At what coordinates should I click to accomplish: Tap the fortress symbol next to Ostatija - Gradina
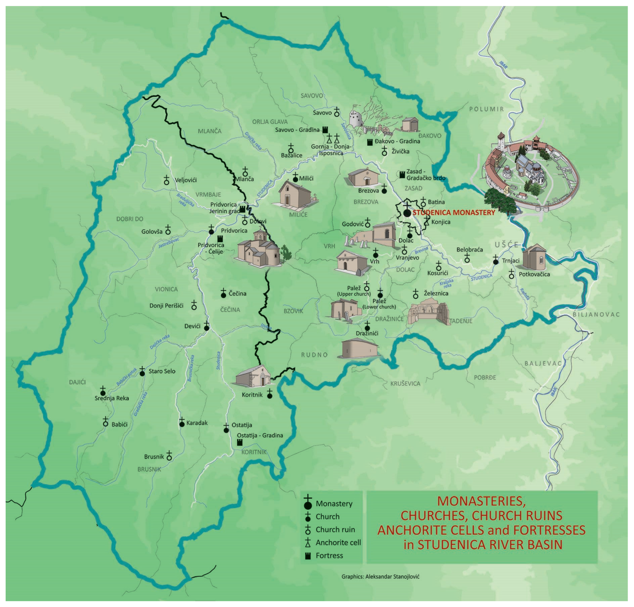[x=240, y=442]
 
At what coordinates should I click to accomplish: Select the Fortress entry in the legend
[x=329, y=556]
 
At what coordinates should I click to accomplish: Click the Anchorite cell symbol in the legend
[x=308, y=542]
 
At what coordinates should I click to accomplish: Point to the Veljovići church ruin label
[x=185, y=180]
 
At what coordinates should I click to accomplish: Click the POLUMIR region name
[x=487, y=109]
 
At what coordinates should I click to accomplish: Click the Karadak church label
[x=197, y=423]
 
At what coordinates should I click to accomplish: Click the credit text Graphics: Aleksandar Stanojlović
[x=380, y=577]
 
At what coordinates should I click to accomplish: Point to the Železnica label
[x=436, y=293]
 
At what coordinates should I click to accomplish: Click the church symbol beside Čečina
[x=223, y=294]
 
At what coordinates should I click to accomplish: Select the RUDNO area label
[x=314, y=355]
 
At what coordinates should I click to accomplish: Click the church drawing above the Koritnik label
[x=253, y=376]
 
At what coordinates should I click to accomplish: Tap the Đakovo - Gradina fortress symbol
[x=370, y=142]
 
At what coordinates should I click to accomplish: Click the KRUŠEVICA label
[x=405, y=383]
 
